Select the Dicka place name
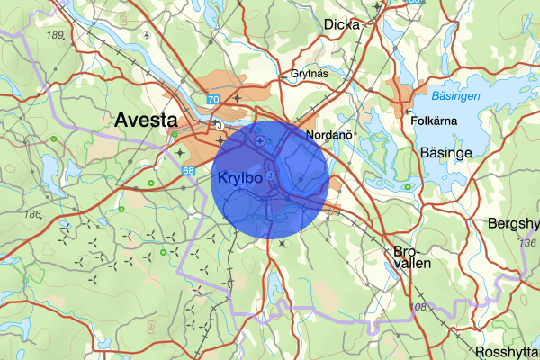point(341,24)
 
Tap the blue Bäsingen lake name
point(455,95)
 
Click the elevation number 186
point(34,214)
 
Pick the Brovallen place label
point(412,257)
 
